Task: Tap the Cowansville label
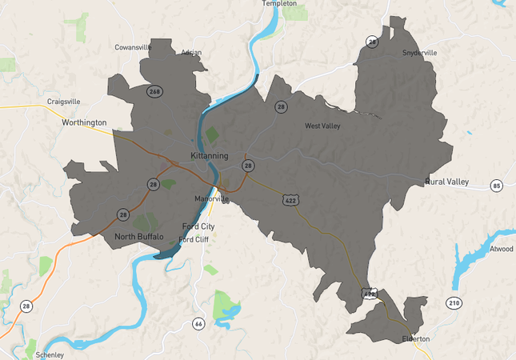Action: point(133,47)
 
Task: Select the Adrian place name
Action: point(191,53)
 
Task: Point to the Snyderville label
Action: point(420,53)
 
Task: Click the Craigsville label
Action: point(64,102)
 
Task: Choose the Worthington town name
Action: point(84,122)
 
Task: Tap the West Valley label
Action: point(323,126)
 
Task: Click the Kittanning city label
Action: point(210,155)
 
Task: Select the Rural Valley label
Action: point(447,182)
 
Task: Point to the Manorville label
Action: point(211,198)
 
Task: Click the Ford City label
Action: point(198,226)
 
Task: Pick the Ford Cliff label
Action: point(194,239)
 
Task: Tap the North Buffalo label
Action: point(138,237)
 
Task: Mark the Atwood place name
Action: point(502,249)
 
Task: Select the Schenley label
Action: point(50,354)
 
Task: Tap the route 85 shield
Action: point(497,186)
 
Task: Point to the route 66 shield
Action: point(198,323)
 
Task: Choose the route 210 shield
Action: point(454,302)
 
